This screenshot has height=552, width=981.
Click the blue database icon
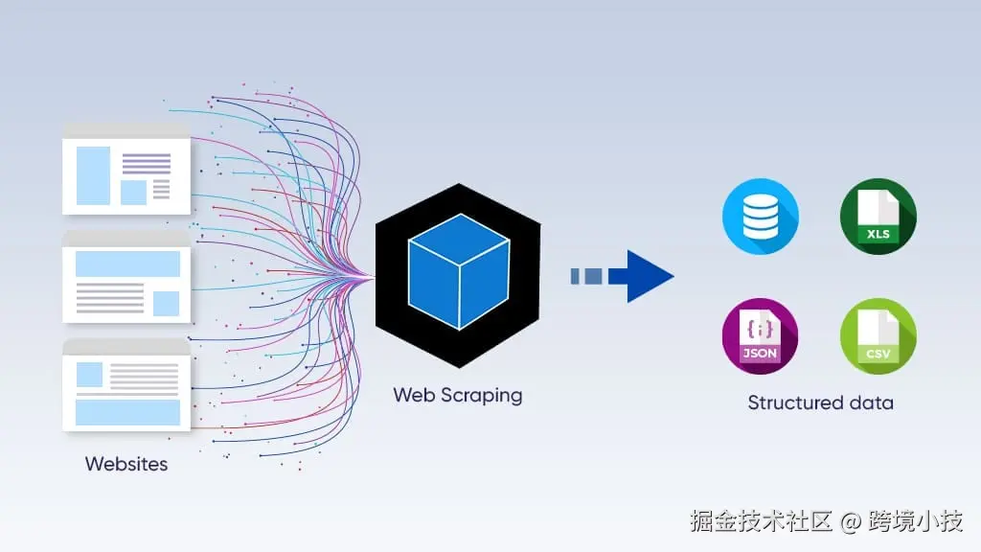[760, 217]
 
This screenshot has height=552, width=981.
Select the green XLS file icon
[878, 217]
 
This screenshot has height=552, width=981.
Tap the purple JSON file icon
[760, 336]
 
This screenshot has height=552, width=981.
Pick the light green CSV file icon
[878, 336]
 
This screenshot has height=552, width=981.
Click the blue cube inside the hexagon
[457, 275]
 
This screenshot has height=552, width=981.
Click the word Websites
[126, 464]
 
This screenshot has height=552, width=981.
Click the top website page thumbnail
[126, 169]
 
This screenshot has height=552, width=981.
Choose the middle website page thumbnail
[126, 278]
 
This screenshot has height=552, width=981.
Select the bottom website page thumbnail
[126, 385]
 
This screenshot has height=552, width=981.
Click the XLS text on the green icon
[878, 235]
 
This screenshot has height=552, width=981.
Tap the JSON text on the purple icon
[760, 353]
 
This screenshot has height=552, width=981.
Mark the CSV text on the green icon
[878, 354]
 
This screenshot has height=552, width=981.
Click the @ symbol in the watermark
[851, 521]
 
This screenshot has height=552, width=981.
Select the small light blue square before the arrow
[576, 276]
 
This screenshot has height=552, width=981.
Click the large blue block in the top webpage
[93, 175]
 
